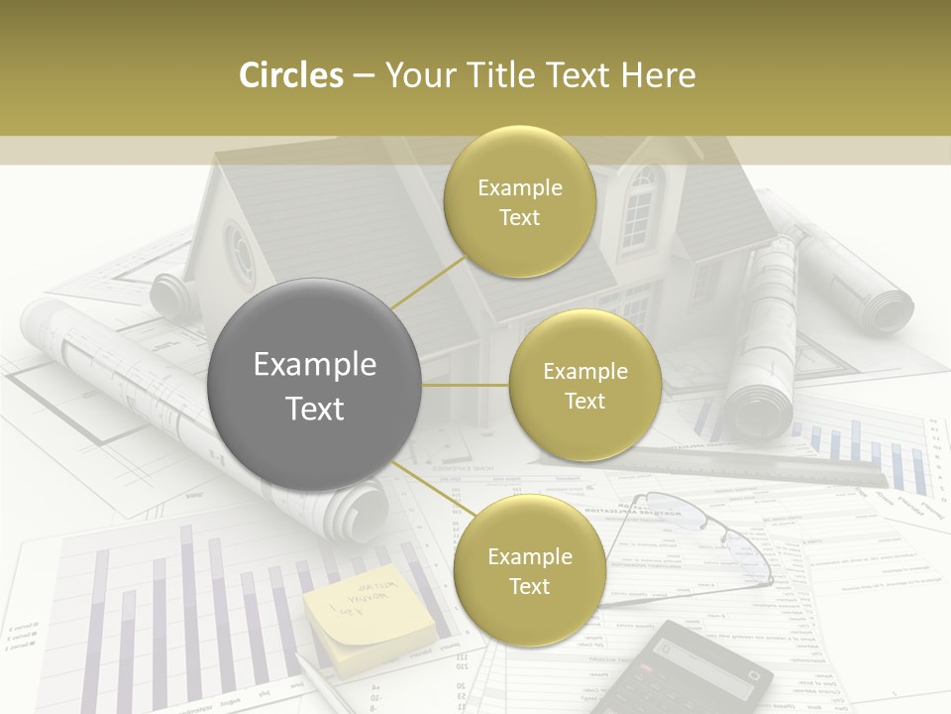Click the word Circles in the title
click(290, 75)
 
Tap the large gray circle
click(315, 385)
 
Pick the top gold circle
click(519, 202)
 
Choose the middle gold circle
click(584, 385)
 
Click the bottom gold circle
click(529, 570)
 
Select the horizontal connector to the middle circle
click(466, 385)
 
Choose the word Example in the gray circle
click(315, 365)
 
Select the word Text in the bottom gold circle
click(529, 586)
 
